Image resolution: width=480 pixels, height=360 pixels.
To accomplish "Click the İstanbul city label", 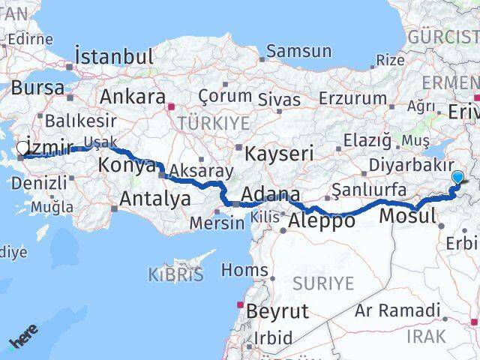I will point(114,56).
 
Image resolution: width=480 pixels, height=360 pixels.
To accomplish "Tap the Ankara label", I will point(133,97).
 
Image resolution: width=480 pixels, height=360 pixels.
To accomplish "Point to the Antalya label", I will point(155,199).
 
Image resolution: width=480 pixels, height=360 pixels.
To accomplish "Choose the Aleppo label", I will point(321,220).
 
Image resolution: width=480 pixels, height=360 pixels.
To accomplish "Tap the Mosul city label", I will point(408,217).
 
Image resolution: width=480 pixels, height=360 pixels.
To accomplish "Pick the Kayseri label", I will point(280,154).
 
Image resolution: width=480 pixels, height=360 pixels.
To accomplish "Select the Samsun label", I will point(298,52).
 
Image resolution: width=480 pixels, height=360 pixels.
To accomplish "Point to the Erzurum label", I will point(352,98).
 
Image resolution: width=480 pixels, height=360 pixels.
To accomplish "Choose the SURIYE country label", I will point(322,283).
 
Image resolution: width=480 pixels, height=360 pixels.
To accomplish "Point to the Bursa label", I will point(37,87).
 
